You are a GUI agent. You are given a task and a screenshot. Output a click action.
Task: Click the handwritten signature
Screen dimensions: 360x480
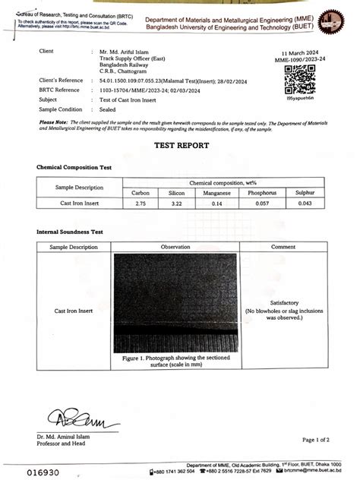point(70,418)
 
